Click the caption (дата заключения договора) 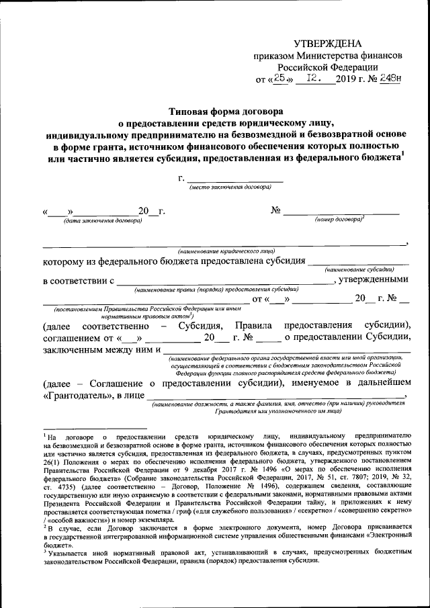pyautogui.click(x=103, y=220)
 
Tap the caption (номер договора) pyautogui.click(x=340, y=220)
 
